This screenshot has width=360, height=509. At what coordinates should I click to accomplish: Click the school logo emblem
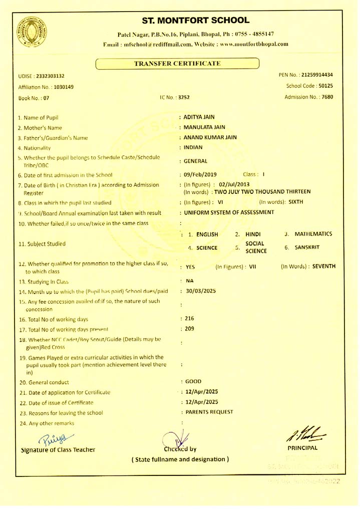(x=29, y=31)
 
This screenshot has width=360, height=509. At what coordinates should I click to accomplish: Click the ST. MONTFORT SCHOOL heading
(x=195, y=21)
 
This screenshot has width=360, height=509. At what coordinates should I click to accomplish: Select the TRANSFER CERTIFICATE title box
(x=178, y=63)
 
